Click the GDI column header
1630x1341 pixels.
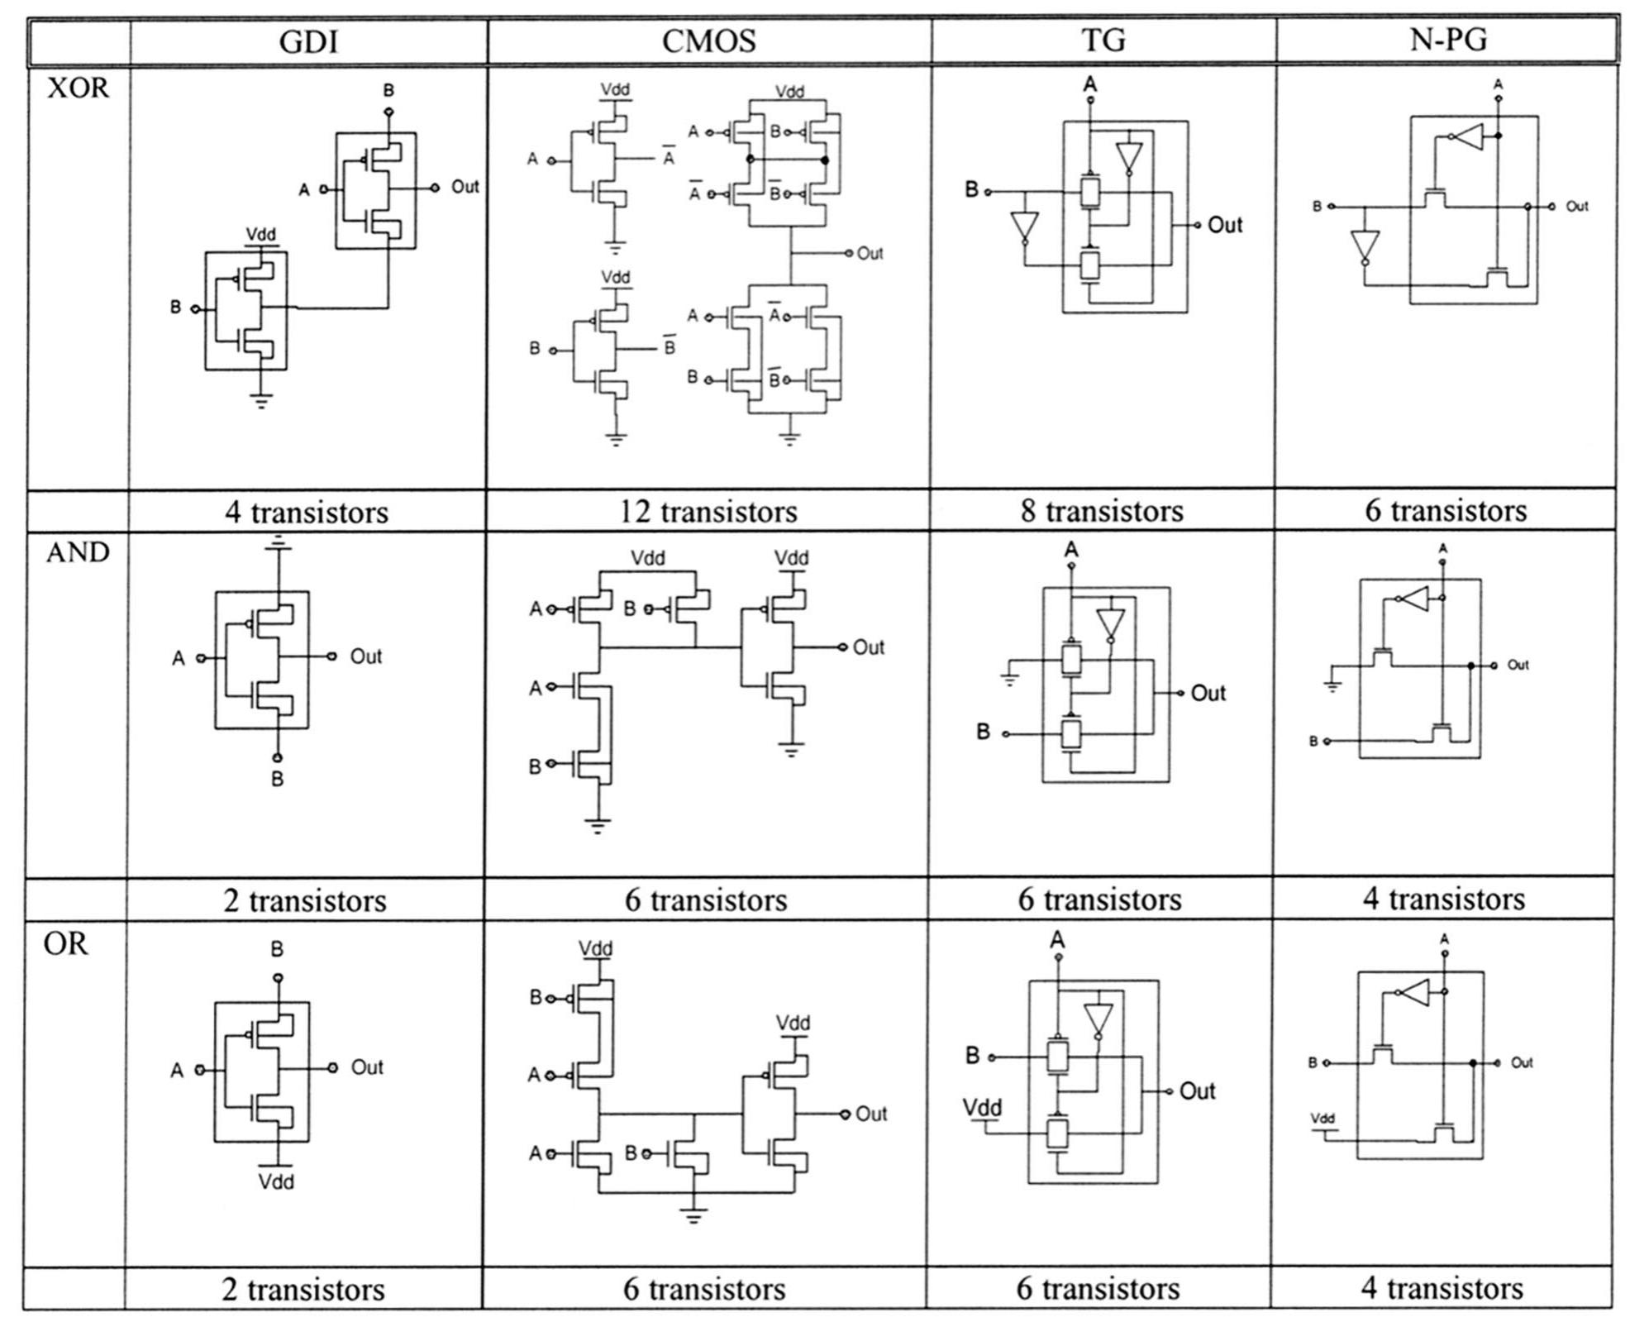tap(308, 41)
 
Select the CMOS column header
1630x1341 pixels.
tap(708, 41)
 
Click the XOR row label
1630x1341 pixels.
tap(78, 88)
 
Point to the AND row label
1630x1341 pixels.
tap(78, 552)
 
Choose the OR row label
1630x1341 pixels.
tap(65, 943)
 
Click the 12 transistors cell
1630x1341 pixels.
tap(708, 512)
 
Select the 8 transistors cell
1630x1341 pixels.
tap(1102, 511)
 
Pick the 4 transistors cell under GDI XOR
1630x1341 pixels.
tap(307, 513)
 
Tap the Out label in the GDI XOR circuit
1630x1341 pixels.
tap(465, 187)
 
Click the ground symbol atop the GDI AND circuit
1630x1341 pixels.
tap(279, 543)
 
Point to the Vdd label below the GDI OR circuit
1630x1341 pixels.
tap(276, 1181)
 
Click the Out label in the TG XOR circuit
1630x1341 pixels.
tap(1224, 225)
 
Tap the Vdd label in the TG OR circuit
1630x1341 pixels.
tap(983, 1107)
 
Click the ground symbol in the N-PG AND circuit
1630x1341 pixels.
tap(1332, 685)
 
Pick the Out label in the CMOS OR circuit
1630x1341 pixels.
tap(870, 1114)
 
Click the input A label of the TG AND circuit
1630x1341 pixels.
tap(1071, 550)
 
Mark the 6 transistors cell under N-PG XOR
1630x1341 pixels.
tap(1446, 511)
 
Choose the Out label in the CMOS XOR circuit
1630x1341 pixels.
tap(870, 253)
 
